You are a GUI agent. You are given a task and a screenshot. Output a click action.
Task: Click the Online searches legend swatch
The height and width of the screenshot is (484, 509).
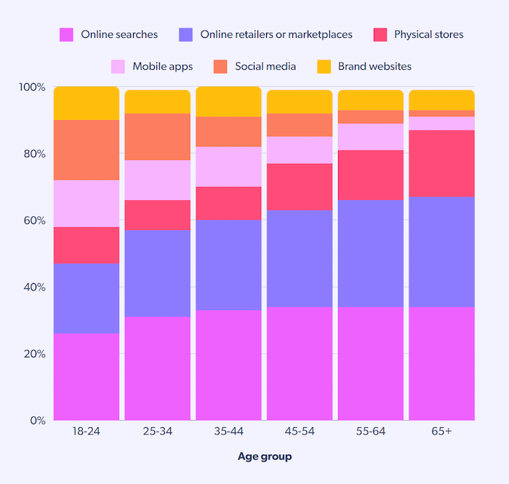(66, 34)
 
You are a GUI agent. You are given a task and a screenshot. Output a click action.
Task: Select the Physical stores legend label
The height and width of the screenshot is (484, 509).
(428, 34)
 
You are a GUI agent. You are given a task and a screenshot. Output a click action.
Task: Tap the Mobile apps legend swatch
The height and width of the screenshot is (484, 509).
(118, 66)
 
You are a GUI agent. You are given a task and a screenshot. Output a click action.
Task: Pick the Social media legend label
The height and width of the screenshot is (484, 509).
(265, 66)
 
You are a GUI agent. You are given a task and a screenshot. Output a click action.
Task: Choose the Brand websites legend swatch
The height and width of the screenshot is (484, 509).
(324, 66)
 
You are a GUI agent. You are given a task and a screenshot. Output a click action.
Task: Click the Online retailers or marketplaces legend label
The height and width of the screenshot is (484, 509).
(276, 34)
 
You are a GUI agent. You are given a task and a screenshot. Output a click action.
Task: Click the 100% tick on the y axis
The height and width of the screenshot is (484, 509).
(32, 87)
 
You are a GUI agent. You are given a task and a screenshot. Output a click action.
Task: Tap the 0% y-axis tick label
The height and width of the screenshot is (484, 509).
(37, 421)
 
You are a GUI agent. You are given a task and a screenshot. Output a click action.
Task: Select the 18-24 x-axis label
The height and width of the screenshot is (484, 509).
(86, 432)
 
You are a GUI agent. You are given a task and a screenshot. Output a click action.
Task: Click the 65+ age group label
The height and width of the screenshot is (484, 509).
(441, 432)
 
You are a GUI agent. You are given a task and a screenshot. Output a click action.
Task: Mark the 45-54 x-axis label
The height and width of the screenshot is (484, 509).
(300, 432)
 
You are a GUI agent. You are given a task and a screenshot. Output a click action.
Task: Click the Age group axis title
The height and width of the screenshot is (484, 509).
(265, 457)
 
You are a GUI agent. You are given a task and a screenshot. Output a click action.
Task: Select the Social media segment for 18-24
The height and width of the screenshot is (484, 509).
(86, 150)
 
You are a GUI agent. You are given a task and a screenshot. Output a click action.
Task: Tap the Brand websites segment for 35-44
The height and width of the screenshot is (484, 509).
(228, 102)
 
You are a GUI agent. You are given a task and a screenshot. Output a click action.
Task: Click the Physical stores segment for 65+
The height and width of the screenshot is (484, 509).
(441, 164)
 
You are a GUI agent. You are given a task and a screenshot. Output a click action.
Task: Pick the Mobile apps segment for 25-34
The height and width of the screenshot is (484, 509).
(157, 180)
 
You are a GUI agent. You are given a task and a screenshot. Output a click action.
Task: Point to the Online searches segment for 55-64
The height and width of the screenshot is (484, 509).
(371, 364)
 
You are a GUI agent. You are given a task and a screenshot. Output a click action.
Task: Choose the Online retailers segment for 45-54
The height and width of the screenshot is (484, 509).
(300, 258)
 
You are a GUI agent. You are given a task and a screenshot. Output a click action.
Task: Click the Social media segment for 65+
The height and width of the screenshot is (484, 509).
(441, 114)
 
